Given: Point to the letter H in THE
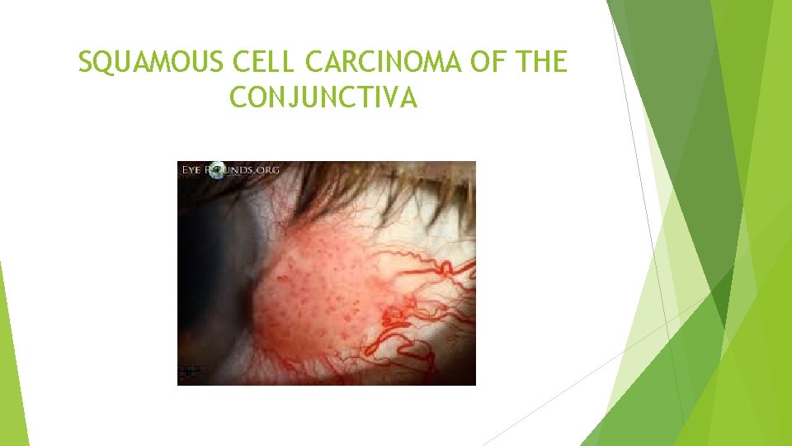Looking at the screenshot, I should [x=545, y=63].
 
